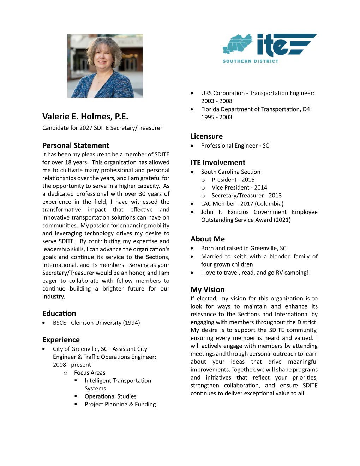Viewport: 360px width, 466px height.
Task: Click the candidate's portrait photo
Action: click(105, 66)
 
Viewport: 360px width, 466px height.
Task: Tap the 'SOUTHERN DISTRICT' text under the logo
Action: click(250, 61)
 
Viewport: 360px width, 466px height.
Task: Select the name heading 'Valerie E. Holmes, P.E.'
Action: click(85, 116)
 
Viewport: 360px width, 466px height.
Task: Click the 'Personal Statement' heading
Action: click(76, 145)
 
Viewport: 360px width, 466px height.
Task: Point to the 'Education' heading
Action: click(59, 313)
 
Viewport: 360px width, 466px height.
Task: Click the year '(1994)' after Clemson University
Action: click(131, 323)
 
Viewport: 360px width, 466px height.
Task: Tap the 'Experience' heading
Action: click(61, 340)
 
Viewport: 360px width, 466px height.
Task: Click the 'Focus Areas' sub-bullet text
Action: click(90, 373)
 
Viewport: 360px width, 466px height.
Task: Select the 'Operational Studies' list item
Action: click(110, 396)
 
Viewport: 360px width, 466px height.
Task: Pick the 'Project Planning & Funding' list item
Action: click(120, 404)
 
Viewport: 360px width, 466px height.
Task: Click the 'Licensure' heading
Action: click(206, 136)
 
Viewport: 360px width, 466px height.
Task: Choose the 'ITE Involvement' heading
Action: click(218, 162)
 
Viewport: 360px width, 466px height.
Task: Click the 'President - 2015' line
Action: click(233, 180)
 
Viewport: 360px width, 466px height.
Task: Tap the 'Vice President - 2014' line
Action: click(239, 187)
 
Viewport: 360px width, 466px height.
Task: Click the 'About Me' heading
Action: click(208, 239)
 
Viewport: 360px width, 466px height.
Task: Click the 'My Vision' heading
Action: click(208, 289)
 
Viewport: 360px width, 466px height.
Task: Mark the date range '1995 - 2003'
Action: click(217, 117)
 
